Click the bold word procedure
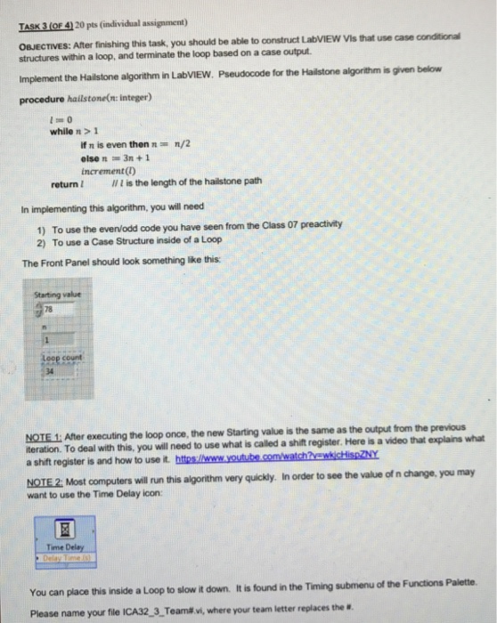(x=42, y=94)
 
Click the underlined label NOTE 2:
(x=50, y=473)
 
